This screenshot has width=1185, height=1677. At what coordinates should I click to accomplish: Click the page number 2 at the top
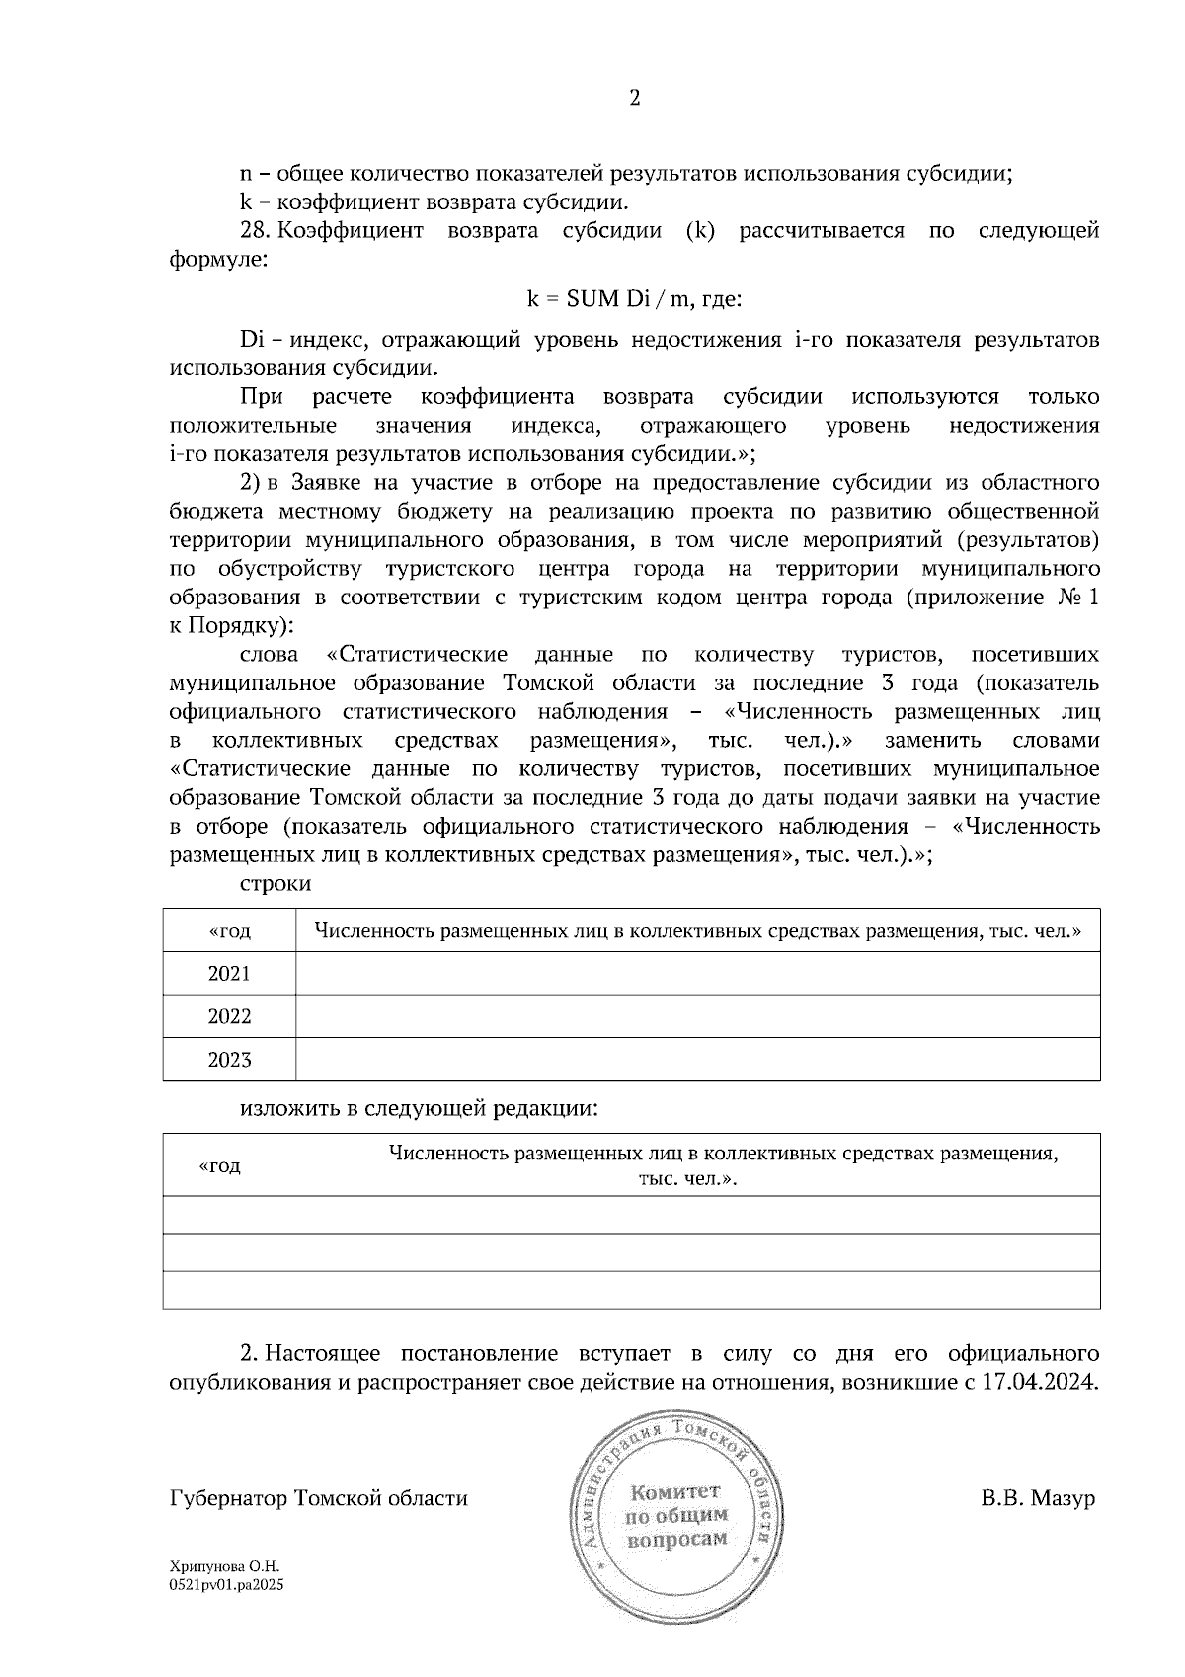(634, 98)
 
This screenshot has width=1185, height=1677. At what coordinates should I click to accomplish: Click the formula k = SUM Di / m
(633, 297)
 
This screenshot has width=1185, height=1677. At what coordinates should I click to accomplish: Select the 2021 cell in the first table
(229, 974)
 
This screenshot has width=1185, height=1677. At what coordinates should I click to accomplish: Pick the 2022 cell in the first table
(229, 1017)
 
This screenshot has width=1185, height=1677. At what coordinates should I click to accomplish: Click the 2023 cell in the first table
(229, 1061)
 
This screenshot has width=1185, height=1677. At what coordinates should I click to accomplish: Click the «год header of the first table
(229, 930)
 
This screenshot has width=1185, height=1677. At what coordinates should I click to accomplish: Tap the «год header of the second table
(219, 1166)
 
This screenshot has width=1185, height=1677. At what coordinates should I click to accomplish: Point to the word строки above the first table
(276, 884)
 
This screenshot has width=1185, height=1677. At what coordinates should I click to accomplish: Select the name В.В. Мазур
(1038, 1499)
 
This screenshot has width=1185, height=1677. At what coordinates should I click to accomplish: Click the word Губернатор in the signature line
(228, 1499)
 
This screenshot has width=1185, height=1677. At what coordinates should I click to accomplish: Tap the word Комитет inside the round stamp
(675, 1491)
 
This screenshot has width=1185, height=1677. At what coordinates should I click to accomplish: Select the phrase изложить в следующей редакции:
(420, 1108)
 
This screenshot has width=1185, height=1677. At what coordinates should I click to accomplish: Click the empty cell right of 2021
(697, 974)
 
